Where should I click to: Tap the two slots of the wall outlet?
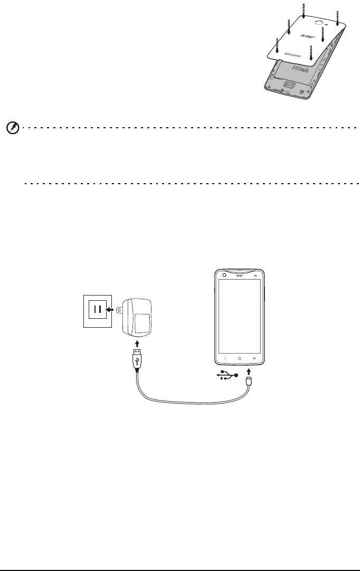pyautogui.click(x=97, y=310)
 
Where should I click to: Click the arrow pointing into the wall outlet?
pyautogui.click(x=109, y=310)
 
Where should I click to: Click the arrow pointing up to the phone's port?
pyautogui.click(x=249, y=375)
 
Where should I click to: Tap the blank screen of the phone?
pyautogui.click(x=240, y=314)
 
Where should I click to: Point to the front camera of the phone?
pyautogui.click(x=224, y=275)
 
